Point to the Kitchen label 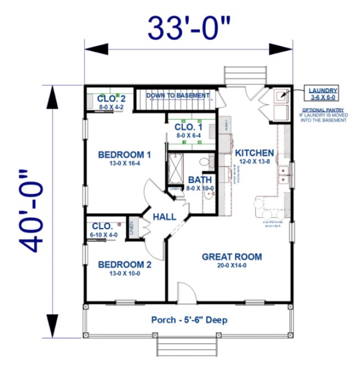click(x=254, y=152)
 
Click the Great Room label click(x=232, y=256)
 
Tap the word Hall click(x=165, y=217)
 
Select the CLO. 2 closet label click(x=111, y=99)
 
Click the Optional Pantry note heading click(x=323, y=110)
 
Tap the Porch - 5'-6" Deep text click(x=189, y=320)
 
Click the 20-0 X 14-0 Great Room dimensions click(x=232, y=265)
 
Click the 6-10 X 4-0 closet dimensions click(x=105, y=235)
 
